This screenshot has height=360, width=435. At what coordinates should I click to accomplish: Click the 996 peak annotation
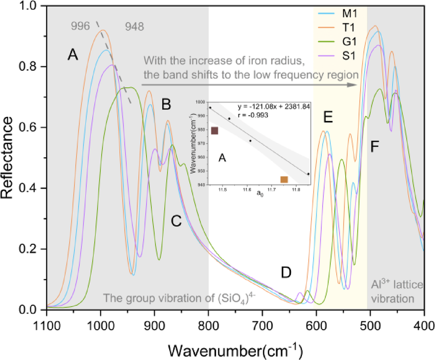(80, 25)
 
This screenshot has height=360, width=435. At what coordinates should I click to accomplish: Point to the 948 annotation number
(134, 25)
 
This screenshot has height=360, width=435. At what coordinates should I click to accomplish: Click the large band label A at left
(73, 55)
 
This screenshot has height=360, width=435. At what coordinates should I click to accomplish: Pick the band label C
(176, 221)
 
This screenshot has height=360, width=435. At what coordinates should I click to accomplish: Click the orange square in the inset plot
(284, 179)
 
